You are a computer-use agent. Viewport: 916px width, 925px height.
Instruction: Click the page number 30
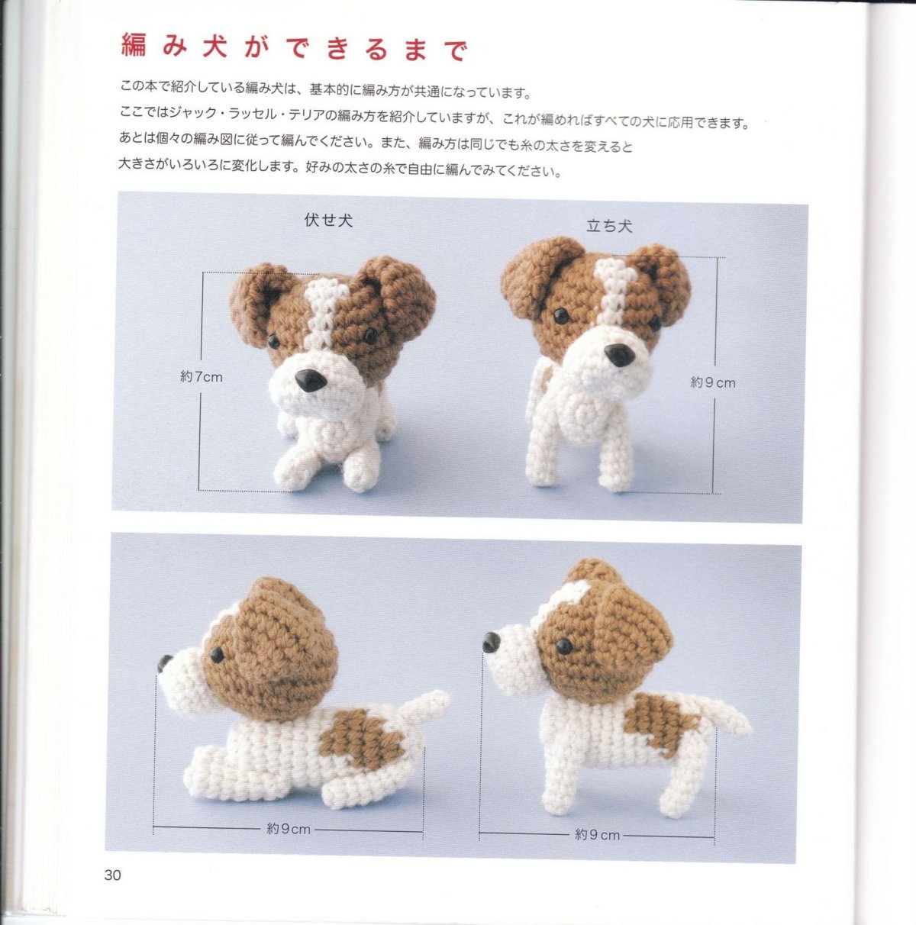pyautogui.click(x=112, y=875)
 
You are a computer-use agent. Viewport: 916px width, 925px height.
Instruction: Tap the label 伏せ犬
pyautogui.click(x=328, y=221)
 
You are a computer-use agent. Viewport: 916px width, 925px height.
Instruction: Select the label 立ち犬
pyautogui.click(x=609, y=226)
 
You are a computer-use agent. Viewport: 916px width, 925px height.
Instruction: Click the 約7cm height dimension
pyautogui.click(x=202, y=377)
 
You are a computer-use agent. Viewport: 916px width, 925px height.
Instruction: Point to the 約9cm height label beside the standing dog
pyautogui.click(x=713, y=382)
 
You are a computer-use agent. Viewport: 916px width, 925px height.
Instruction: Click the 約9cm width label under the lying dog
pyautogui.click(x=289, y=828)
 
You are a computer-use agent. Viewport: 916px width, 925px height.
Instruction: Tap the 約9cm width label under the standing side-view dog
pyautogui.click(x=597, y=834)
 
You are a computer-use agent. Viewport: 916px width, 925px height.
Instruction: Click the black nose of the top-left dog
pyautogui.click(x=311, y=381)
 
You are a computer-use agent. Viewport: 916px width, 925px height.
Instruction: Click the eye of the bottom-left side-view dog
pyautogui.click(x=217, y=655)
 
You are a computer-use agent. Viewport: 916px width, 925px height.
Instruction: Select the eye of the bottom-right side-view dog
pyautogui.click(x=564, y=646)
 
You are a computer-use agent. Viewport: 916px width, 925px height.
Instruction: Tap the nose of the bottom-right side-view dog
pyautogui.click(x=491, y=643)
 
